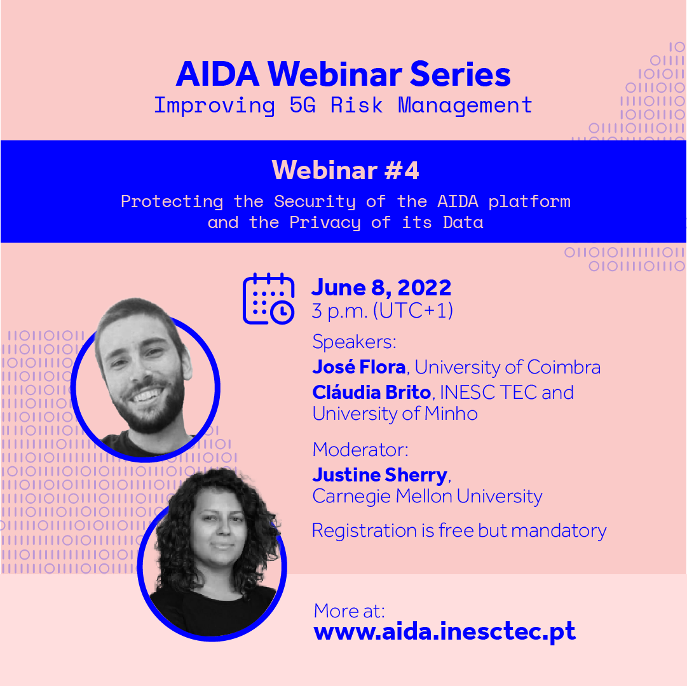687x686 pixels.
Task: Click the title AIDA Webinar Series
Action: coord(343,75)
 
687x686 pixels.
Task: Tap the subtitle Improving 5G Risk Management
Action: coord(343,105)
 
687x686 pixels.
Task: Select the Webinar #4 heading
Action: coord(345,170)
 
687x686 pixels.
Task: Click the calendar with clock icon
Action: coord(268,299)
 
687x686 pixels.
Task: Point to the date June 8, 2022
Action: coord(381,288)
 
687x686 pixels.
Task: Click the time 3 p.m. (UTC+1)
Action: coord(382,311)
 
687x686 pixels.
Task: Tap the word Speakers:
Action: coord(354,342)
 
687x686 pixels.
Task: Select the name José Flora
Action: coord(358,367)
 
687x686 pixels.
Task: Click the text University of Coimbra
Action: coord(507,367)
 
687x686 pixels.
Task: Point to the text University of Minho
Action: coord(395,414)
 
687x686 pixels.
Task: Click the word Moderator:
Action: coord(360,450)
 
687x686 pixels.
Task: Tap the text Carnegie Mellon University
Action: coord(427,496)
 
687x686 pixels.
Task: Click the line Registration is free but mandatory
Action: coord(459,530)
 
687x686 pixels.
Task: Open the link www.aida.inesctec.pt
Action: coord(445,631)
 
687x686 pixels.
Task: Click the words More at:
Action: coord(350,610)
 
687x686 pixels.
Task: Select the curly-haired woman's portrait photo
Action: coord(213,553)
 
